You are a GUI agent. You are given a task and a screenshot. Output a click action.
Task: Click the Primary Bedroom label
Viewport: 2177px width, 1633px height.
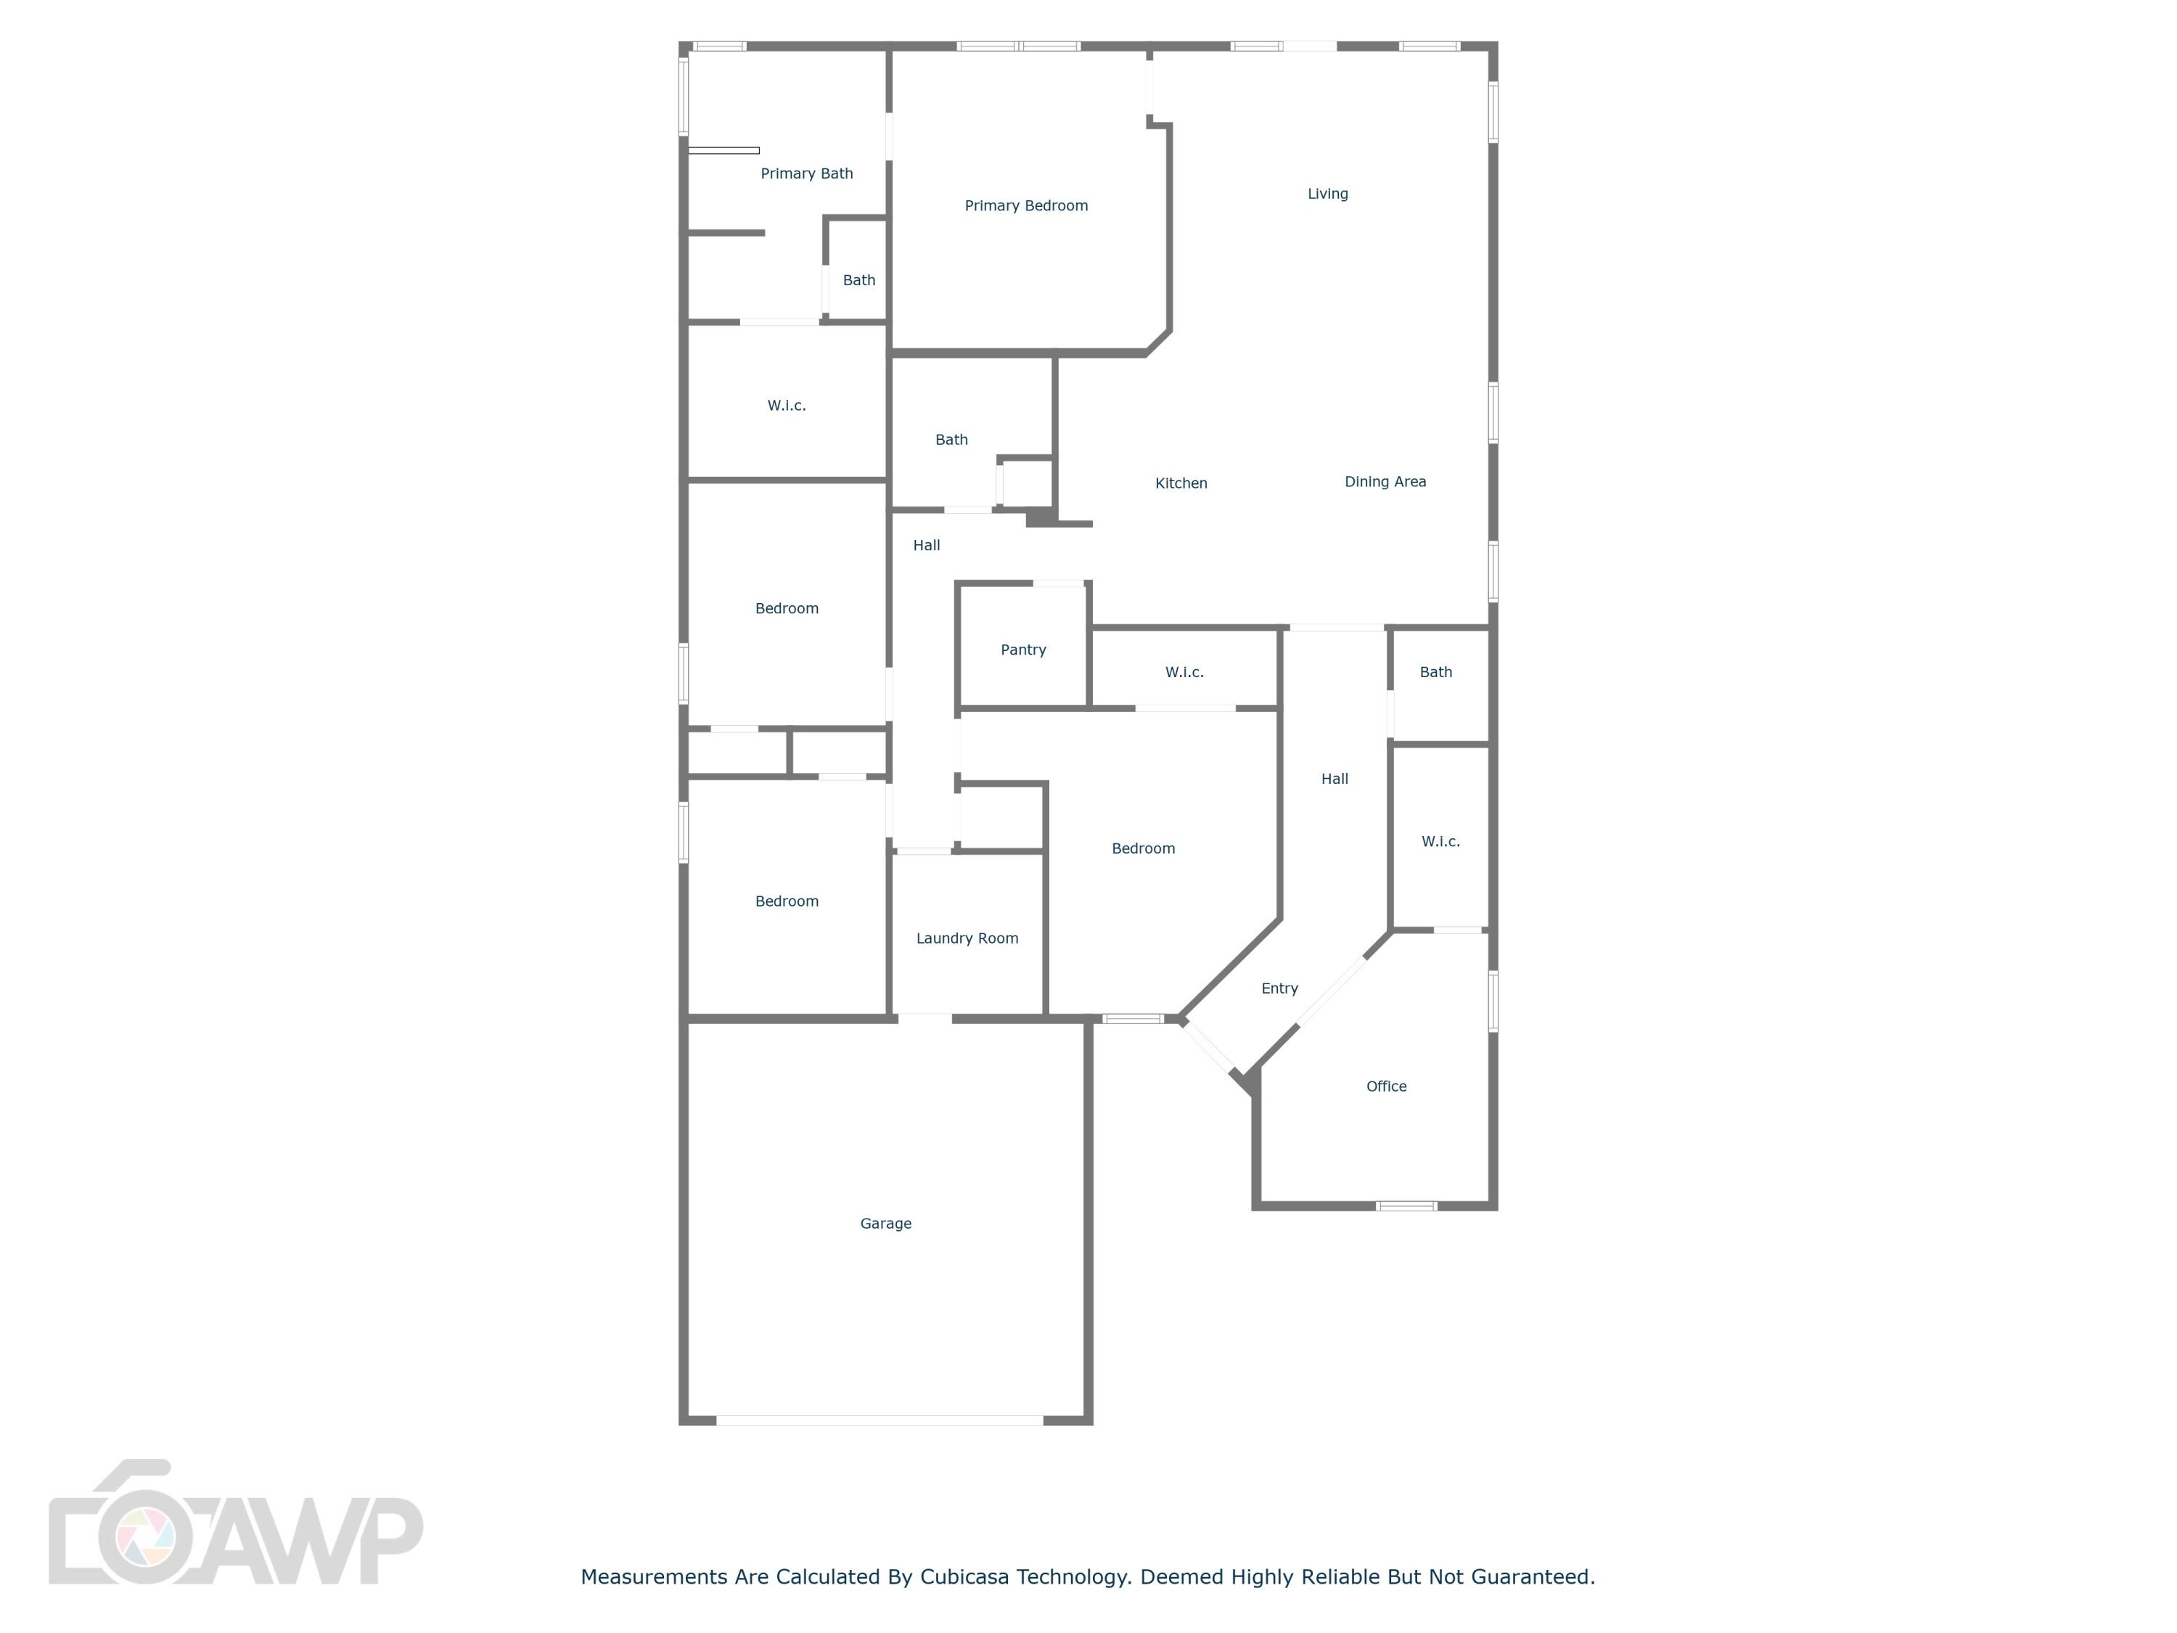point(1025,205)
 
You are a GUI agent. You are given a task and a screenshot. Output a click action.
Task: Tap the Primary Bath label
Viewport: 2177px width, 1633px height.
point(806,174)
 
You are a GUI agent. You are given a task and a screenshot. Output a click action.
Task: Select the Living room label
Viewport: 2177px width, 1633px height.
point(1327,194)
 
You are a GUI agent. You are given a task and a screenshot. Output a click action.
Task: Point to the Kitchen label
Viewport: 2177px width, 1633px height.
point(1180,483)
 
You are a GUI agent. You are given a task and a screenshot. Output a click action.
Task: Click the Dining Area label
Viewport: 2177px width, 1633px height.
point(1385,481)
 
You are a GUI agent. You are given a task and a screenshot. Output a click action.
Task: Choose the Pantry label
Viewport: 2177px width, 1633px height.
point(1022,650)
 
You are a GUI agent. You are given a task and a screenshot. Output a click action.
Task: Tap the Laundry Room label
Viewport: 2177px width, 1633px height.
point(967,938)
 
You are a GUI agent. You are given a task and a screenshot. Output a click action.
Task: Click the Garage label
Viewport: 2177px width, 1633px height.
point(885,1224)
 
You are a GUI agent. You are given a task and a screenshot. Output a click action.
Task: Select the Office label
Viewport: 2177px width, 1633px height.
point(1386,1086)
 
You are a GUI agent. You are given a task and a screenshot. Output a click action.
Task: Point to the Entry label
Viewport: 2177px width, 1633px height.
point(1279,989)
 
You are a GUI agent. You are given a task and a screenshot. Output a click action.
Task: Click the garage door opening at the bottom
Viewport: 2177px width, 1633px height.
point(879,1420)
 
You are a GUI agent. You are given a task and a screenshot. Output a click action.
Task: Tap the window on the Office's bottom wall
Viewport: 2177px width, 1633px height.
point(1406,1206)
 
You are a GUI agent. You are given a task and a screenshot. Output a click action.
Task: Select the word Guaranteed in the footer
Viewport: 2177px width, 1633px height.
point(1533,1577)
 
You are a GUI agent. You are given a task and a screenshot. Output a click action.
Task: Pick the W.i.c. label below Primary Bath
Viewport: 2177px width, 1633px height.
point(787,406)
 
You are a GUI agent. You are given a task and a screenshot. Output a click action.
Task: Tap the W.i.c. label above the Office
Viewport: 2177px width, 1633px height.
point(1440,842)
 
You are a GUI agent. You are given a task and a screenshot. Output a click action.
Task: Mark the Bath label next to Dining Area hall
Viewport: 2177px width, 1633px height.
point(1435,672)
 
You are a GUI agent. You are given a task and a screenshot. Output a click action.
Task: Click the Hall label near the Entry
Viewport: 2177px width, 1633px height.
point(1334,779)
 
